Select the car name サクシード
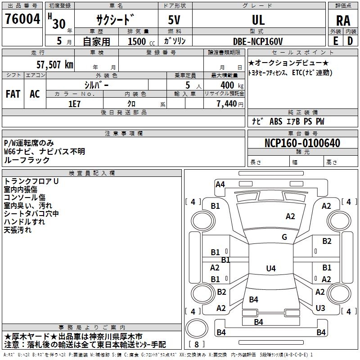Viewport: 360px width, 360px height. point(115,20)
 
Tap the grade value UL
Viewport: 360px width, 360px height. point(258,20)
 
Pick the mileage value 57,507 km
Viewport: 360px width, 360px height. point(54,64)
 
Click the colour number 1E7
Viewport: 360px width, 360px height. point(74,103)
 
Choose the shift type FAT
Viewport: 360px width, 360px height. point(13,94)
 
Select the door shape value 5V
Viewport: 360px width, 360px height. point(175,20)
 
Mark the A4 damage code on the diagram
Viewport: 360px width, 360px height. point(220,184)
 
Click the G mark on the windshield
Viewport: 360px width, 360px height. point(284,237)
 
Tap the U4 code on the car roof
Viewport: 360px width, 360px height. point(270,269)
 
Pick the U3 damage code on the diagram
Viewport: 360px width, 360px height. point(320,308)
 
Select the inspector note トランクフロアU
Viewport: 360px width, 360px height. point(31,181)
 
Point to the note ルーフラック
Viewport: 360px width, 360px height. point(27,160)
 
